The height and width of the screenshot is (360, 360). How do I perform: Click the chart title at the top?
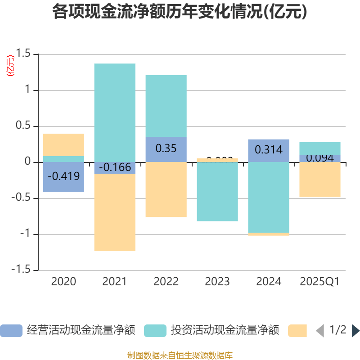click(180, 12)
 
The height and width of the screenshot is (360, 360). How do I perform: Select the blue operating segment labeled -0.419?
click(63, 177)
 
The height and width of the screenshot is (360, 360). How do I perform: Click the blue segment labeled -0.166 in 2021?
click(115, 168)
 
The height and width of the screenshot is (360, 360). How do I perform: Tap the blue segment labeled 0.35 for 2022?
click(166, 149)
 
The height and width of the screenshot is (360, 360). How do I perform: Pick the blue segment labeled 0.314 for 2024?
click(269, 150)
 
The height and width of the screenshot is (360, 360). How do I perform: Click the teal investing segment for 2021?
click(115, 112)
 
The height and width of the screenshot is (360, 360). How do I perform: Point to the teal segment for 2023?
click(217, 192)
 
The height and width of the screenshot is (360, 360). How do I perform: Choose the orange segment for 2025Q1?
click(320, 180)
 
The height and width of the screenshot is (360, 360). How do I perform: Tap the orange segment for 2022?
click(166, 189)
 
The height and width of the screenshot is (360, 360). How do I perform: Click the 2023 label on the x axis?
click(217, 282)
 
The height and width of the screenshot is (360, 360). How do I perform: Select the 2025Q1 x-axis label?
click(319, 282)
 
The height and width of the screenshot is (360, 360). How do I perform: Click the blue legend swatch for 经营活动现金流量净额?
click(11, 331)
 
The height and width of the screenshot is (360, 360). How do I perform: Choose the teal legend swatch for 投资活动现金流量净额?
click(155, 331)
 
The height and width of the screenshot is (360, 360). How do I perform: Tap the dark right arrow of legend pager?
click(355, 331)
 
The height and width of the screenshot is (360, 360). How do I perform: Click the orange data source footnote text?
click(180, 355)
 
